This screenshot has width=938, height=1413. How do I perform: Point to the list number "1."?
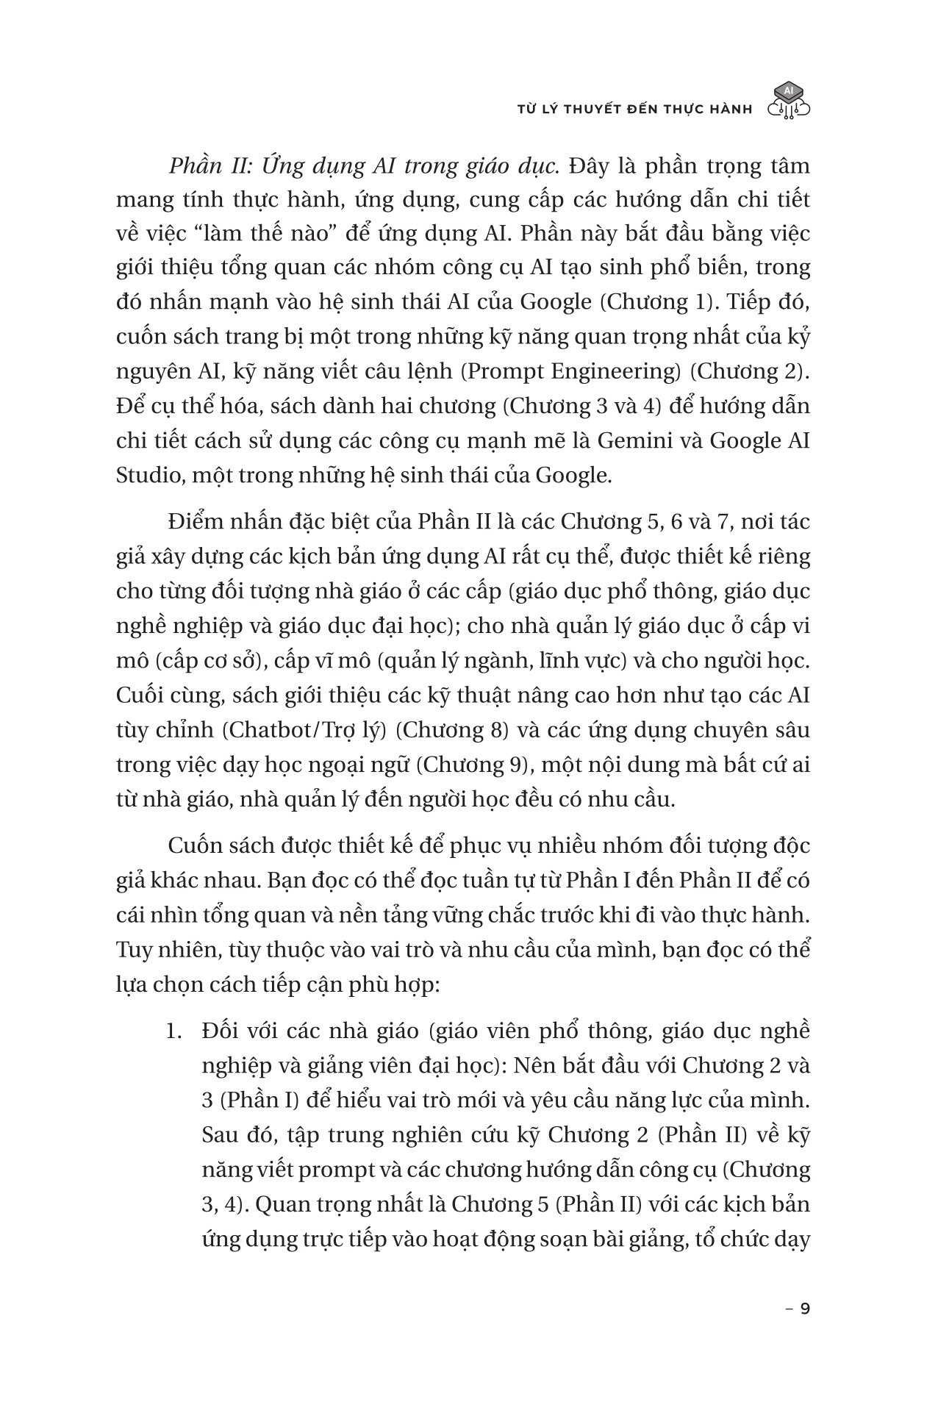tap(173, 1031)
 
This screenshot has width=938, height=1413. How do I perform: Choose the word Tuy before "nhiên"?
tap(133, 950)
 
